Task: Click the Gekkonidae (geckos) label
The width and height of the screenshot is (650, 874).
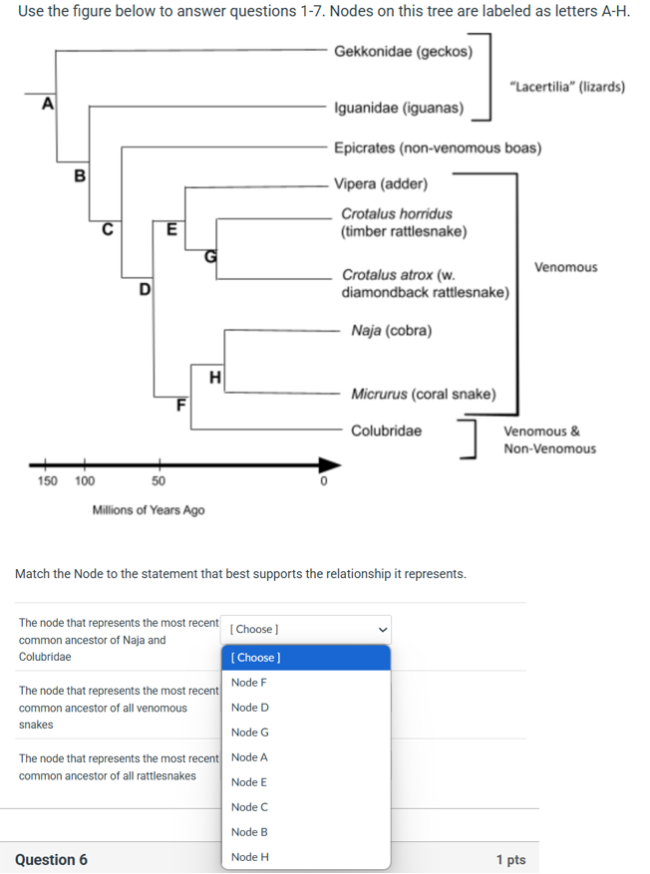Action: coord(403,51)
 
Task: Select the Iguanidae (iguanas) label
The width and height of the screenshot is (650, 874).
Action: coord(398,107)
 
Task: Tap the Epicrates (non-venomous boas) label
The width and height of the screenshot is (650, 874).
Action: coord(438,147)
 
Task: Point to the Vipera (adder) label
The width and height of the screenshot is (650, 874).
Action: coord(381,183)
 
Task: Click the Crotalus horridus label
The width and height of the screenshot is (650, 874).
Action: coord(396,213)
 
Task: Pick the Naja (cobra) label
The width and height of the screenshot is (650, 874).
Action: coord(391,330)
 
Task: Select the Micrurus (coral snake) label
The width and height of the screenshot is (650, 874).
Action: coord(423,394)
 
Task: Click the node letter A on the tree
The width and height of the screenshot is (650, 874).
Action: coord(46,104)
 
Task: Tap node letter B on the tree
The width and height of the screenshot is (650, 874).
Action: coord(80,176)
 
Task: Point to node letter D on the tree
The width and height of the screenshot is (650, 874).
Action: coord(145,290)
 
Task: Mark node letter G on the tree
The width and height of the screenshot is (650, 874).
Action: coord(210,255)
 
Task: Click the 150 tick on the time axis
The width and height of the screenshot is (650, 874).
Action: coord(46,480)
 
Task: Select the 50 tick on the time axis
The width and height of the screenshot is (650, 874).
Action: coord(158,480)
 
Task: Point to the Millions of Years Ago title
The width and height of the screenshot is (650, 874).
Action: coord(149,509)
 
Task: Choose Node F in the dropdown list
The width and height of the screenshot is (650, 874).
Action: coord(249,683)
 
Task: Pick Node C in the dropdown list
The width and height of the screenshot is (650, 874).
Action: coord(249,807)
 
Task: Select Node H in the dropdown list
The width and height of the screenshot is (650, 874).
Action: coord(249,857)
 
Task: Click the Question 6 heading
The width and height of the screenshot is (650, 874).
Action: coord(51,859)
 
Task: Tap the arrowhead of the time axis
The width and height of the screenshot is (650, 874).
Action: coord(327,463)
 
